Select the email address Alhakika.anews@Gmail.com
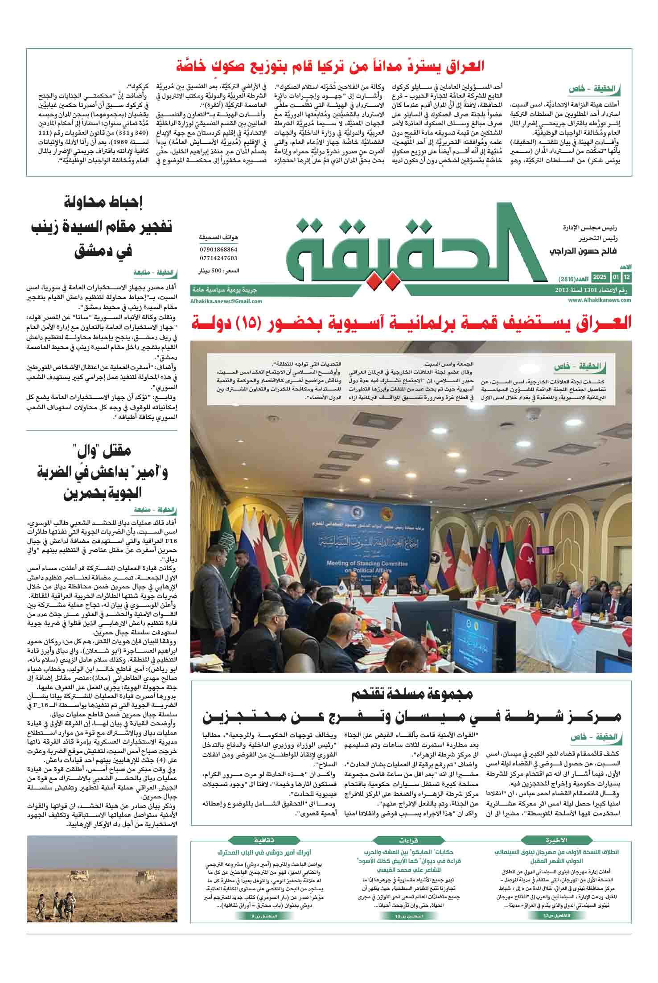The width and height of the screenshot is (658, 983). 226,301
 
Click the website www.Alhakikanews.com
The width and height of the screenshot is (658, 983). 600,300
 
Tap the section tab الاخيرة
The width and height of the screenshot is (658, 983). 557,840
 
